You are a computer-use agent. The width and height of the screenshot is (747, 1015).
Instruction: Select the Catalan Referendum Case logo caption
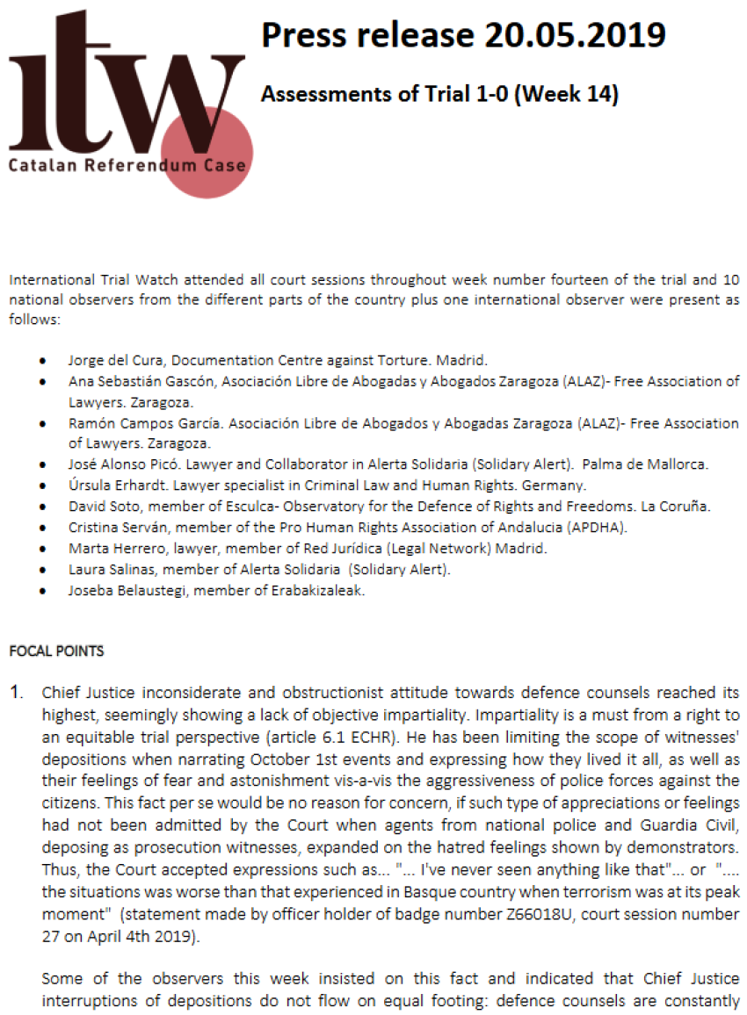coord(127,164)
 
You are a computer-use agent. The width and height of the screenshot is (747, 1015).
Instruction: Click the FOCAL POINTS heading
coord(56,651)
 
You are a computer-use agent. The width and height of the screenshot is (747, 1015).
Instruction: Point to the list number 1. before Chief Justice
coord(16,693)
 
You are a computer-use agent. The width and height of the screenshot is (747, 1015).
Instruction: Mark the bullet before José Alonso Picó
coord(43,464)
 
